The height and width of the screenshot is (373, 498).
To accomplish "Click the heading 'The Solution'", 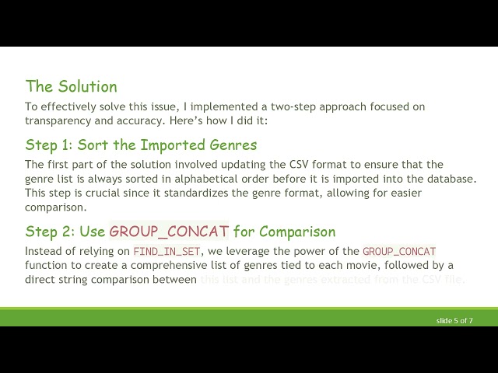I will point(71,86).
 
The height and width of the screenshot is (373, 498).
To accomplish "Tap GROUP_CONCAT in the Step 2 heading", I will point(169,232).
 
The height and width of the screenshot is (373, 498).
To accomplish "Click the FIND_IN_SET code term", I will point(167,251).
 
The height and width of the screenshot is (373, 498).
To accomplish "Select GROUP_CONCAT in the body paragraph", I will point(399,251).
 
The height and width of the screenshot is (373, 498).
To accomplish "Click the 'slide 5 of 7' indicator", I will point(454,320).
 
